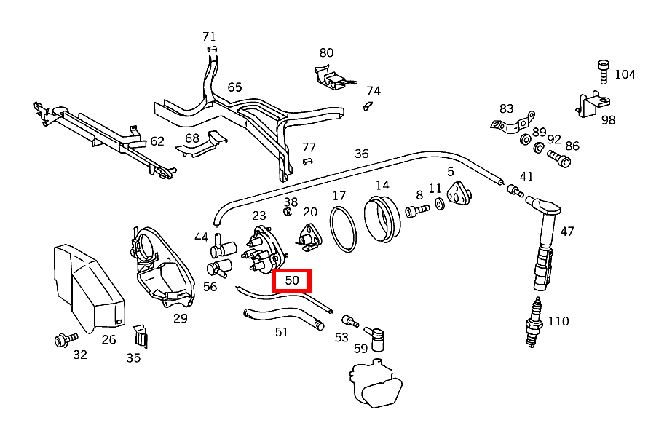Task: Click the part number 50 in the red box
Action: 292,280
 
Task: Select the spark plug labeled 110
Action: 534,323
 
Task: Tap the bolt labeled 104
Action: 604,72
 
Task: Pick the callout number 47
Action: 567,232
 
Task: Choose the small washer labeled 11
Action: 440,204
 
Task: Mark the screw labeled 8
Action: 417,210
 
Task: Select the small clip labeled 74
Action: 368,106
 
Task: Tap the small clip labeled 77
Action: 307,161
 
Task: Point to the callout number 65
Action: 234,87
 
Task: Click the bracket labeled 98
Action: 593,105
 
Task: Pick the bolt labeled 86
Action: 559,159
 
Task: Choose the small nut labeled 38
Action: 288,212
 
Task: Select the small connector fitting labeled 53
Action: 350,320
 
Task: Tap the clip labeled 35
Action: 141,336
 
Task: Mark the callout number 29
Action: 180,319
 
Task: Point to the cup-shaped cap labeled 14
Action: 382,219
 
